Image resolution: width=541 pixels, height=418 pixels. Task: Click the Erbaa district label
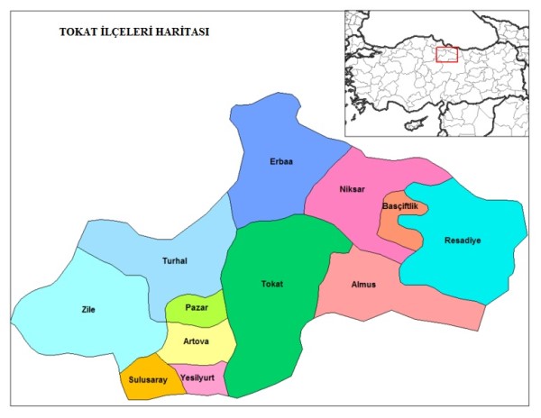click(281, 162)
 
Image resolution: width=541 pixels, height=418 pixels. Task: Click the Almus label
click(364, 285)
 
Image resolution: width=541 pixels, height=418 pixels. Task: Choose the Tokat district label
click(271, 285)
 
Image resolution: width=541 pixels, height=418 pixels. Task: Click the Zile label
click(87, 310)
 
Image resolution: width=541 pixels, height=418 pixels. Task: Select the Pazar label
click(197, 307)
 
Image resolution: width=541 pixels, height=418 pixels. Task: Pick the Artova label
click(197, 341)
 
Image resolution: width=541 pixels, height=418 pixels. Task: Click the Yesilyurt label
click(197, 377)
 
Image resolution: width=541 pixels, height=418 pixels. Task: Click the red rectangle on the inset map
click(446, 54)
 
